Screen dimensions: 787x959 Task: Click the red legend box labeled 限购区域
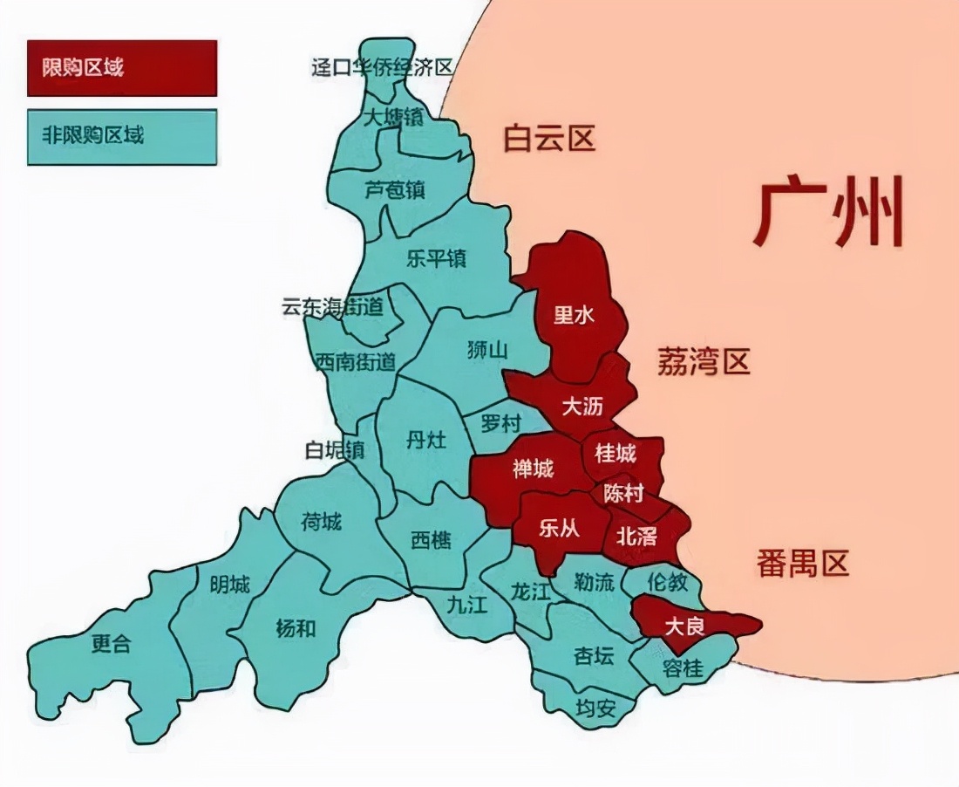[121, 67]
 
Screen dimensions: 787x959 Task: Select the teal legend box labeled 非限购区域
[121, 136]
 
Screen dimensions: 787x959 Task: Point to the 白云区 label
[549, 139]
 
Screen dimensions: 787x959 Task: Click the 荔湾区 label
[703, 361]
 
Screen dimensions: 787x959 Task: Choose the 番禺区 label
[802, 564]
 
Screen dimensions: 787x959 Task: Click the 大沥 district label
[582, 406]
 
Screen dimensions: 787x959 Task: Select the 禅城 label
[533, 469]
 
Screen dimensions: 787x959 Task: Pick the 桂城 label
[616, 453]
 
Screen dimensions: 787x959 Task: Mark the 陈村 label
[623, 494]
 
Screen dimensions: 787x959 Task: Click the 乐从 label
[559, 530]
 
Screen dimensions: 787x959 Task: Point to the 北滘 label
[636, 536]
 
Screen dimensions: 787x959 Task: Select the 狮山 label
[487, 351]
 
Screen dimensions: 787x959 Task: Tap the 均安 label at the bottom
[595, 708]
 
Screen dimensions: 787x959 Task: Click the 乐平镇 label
[436, 258]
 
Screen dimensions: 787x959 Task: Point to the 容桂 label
[683, 668]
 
